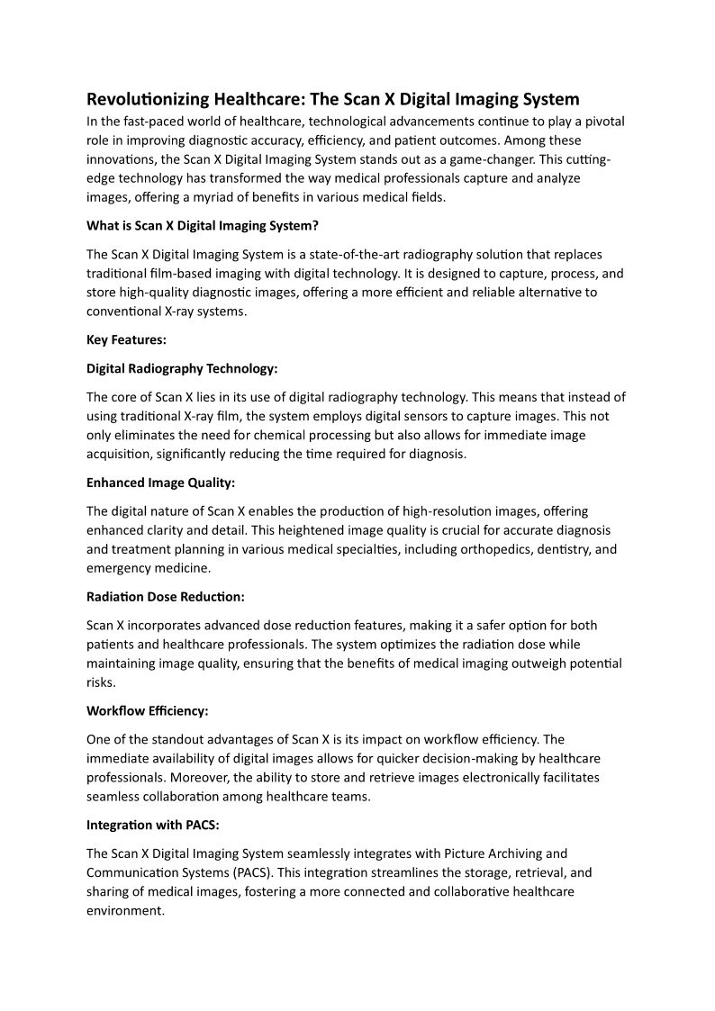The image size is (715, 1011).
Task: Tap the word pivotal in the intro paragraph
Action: pyautogui.click(x=604, y=121)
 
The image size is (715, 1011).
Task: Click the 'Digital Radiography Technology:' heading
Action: pyautogui.click(x=182, y=369)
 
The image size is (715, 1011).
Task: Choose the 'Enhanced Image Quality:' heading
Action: pyautogui.click(x=160, y=483)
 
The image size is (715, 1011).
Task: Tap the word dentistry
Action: pyautogui.click(x=564, y=549)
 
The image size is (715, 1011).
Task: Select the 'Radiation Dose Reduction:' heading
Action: pyautogui.click(x=166, y=597)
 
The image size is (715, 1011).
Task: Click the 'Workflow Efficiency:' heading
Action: pyautogui.click(x=147, y=711)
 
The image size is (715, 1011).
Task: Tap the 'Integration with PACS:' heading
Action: pyautogui.click(x=154, y=825)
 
